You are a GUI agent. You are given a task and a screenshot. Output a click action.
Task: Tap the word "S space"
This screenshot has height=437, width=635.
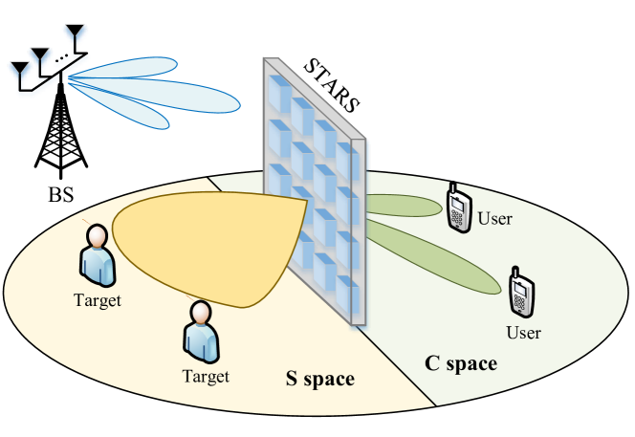tap(320, 380)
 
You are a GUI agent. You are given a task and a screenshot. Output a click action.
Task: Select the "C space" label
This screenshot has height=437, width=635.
tap(460, 363)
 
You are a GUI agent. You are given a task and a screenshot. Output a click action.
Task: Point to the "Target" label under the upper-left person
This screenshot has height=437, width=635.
tap(98, 299)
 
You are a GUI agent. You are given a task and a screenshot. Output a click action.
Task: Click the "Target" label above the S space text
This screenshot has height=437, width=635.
tap(206, 376)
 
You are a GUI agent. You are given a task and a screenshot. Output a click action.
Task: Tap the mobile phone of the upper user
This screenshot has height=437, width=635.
tap(459, 205)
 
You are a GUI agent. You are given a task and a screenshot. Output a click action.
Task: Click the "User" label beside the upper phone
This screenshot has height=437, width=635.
tap(494, 219)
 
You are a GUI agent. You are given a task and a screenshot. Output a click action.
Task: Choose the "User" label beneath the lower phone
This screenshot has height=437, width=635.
tap(523, 333)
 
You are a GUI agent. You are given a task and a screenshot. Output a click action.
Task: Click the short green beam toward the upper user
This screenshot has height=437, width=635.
tap(402, 205)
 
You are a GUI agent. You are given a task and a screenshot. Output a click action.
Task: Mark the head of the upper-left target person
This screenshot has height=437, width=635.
tap(95, 235)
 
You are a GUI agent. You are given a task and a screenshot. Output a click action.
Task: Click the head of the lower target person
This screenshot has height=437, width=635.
tap(201, 315)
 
